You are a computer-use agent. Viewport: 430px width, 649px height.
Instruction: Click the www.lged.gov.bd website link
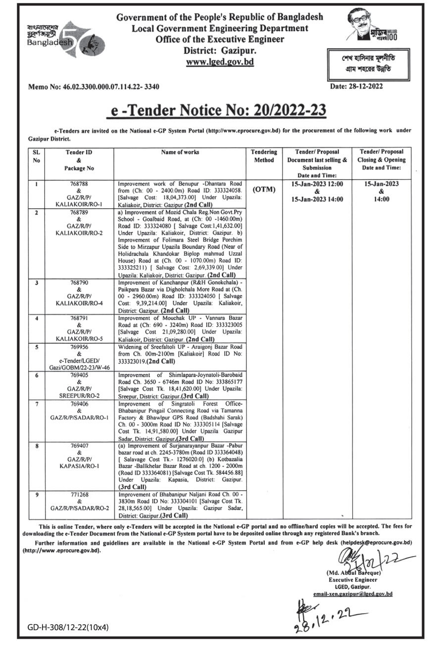[219, 62]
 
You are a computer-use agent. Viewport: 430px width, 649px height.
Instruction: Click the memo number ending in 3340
[94, 87]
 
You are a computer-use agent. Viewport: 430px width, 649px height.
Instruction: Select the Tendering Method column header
[264, 156]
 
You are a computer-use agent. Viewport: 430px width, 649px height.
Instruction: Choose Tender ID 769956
[72, 348]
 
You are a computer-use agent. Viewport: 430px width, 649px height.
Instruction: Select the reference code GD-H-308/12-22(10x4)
[68, 628]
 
